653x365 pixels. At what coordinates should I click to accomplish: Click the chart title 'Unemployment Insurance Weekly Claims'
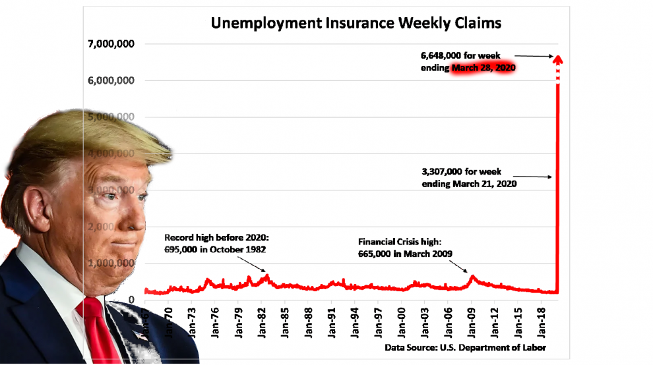[356, 23]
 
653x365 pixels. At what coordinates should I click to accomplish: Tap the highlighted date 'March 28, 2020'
[483, 69]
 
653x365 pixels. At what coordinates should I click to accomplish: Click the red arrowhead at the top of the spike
[557, 61]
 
